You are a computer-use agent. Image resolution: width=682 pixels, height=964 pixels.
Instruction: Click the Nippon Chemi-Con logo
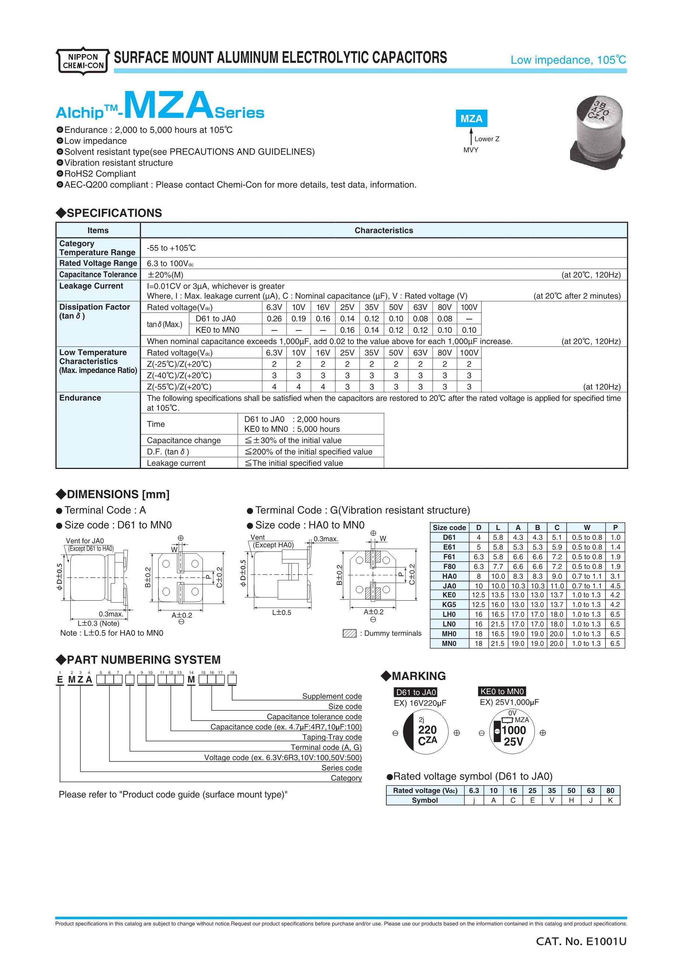click(83, 61)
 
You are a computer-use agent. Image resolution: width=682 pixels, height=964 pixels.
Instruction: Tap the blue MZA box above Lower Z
click(471, 119)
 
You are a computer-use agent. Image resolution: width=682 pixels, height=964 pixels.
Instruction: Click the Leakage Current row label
click(91, 286)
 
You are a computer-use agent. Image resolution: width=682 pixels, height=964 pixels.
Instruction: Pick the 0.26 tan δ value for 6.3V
click(274, 319)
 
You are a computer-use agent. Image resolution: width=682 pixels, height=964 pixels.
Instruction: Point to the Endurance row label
click(80, 398)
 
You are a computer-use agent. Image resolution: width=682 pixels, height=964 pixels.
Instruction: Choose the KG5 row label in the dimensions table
click(449, 605)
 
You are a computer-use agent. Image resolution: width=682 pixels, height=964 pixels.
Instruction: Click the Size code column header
click(449, 528)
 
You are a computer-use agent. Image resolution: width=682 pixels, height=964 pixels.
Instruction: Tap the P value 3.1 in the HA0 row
click(615, 576)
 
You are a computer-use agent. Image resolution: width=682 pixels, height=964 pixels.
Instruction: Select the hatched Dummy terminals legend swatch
click(349, 633)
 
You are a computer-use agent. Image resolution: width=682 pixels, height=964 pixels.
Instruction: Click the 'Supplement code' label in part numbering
click(332, 696)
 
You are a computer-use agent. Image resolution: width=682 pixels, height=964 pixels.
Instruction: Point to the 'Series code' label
click(341, 767)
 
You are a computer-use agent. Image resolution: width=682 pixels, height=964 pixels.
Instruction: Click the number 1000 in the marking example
click(514, 731)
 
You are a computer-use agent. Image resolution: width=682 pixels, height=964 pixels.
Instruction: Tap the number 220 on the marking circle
click(427, 730)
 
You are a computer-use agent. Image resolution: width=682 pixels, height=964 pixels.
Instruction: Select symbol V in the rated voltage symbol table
click(552, 800)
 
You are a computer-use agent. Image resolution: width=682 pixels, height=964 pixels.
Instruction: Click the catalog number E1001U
click(581, 942)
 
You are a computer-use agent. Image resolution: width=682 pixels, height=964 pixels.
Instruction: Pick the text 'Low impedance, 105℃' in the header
click(568, 60)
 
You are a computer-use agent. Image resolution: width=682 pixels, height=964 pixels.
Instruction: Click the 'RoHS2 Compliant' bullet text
click(100, 174)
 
